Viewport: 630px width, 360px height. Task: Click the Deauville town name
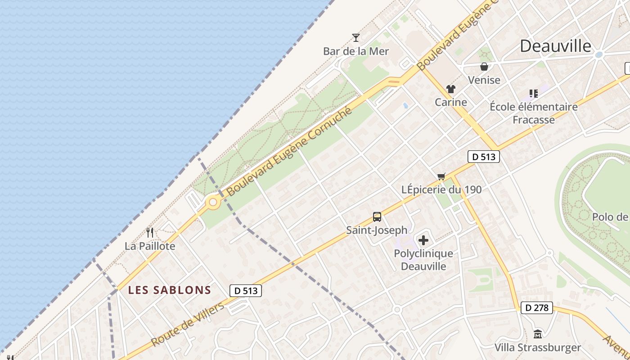[x=555, y=46]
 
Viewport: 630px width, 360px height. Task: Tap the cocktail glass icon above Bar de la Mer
[x=356, y=38]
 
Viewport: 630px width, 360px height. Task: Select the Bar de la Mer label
[x=355, y=51]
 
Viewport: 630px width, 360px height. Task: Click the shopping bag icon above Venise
[x=484, y=67]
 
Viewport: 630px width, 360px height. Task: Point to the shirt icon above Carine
[x=450, y=89]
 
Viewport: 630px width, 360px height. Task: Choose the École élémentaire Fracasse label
[x=533, y=113]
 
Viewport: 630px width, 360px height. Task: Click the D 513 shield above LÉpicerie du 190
[x=484, y=157]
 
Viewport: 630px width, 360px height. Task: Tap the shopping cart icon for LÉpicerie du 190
[x=441, y=176]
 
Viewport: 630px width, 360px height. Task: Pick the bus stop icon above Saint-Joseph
[x=377, y=217]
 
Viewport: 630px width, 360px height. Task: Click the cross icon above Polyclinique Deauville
[x=423, y=240]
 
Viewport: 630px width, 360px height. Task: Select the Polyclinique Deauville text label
[x=423, y=260]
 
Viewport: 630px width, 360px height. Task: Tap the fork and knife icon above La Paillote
[x=150, y=233]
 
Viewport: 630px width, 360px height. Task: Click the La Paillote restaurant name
[x=150, y=246]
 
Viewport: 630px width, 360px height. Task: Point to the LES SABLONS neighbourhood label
[x=170, y=290]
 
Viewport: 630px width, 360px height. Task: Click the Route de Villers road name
[x=187, y=325]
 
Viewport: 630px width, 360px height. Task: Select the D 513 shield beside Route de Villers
[x=245, y=291]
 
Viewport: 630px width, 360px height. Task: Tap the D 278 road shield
[x=537, y=308]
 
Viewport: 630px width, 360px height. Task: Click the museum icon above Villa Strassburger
[x=537, y=334]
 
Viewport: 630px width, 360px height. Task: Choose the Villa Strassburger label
[x=537, y=348]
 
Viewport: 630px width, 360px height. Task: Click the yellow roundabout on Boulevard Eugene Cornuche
[x=213, y=202]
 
